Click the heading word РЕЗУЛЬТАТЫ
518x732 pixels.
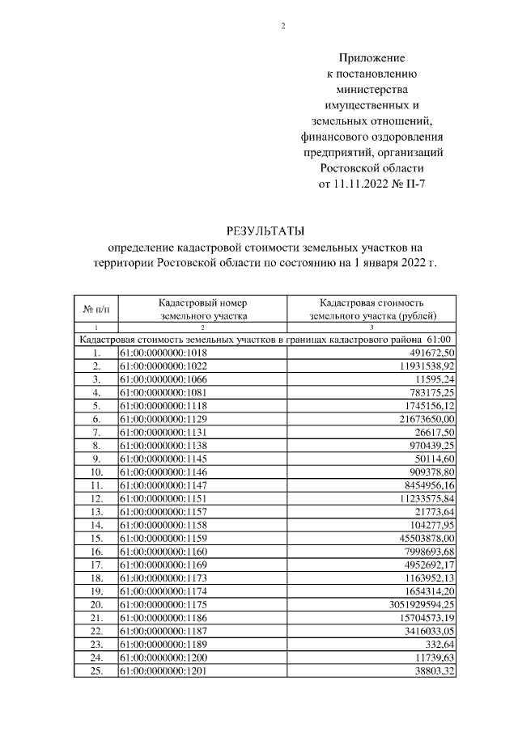pos(258,231)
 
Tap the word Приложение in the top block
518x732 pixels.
pos(372,59)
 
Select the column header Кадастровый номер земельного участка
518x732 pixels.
pos(204,308)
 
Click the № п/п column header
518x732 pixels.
pos(96,309)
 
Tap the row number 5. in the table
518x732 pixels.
pos(96,405)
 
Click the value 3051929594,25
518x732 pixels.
pos(414,603)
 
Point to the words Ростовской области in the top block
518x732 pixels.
pos(372,167)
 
